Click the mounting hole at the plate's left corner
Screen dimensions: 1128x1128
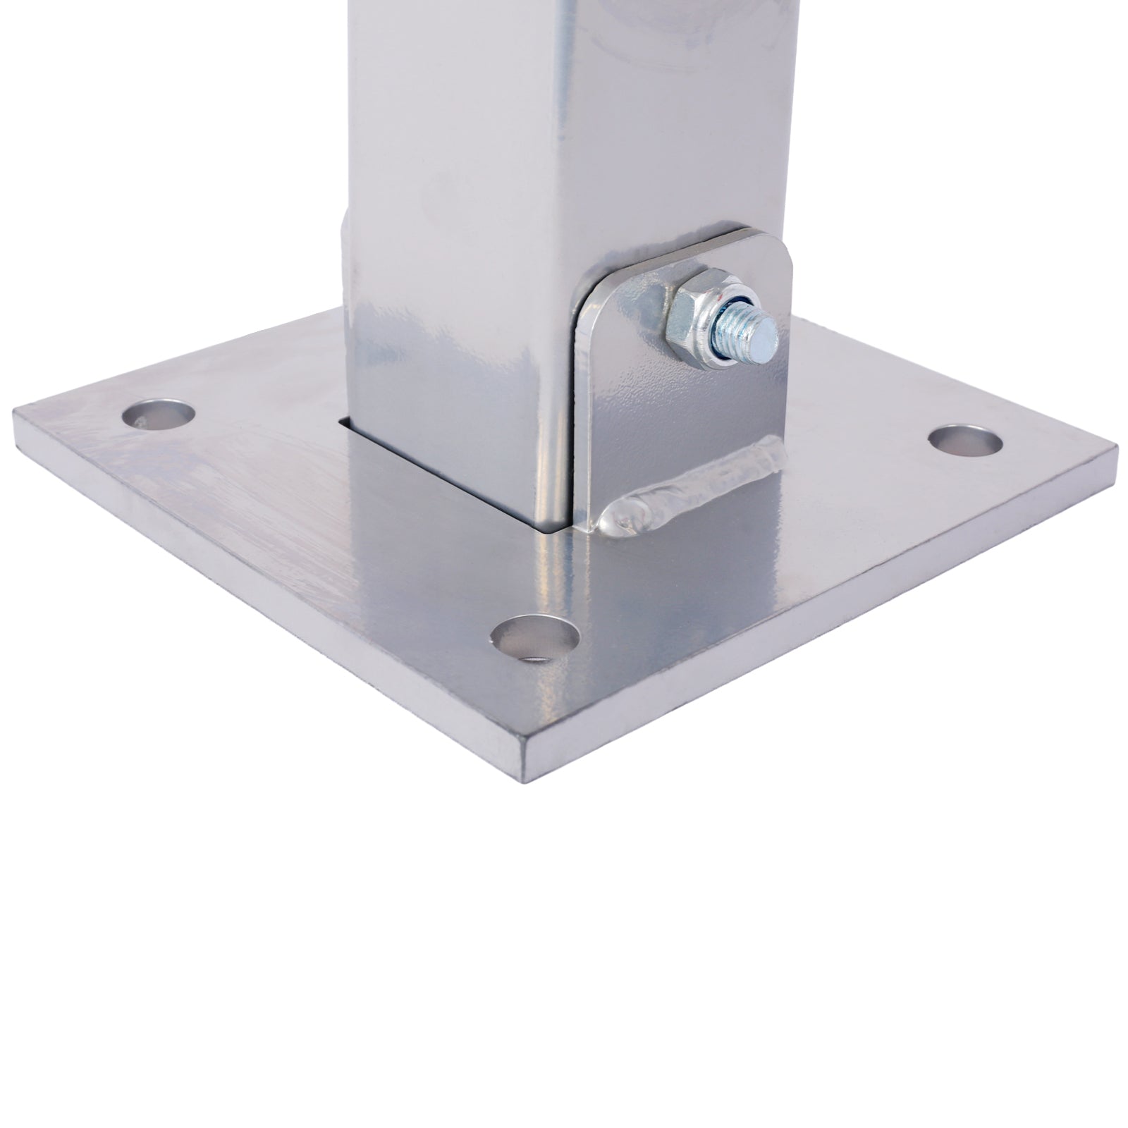(x=158, y=415)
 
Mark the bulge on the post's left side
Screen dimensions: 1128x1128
(x=346, y=240)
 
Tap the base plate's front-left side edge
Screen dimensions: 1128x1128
(x=261, y=606)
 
